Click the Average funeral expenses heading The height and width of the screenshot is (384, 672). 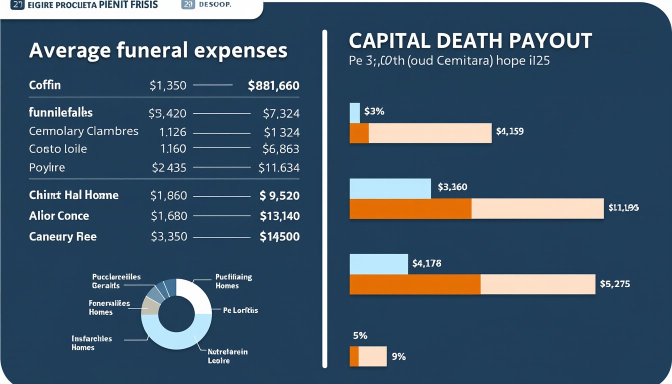click(158, 50)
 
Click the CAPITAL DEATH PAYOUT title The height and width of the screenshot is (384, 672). click(470, 40)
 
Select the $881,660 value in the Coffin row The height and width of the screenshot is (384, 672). click(273, 86)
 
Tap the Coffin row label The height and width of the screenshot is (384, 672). click(45, 85)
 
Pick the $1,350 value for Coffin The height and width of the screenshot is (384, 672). click(168, 86)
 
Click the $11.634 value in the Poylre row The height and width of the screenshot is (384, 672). click(279, 168)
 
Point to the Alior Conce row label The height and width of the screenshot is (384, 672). click(59, 216)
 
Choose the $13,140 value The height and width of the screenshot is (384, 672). click(279, 216)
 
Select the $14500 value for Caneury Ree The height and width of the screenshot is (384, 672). click(279, 236)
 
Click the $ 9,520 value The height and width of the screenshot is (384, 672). click(279, 195)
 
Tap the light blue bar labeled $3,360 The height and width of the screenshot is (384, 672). click(390, 188)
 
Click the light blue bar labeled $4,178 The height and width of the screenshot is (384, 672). click(378, 264)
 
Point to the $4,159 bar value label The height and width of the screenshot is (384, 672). click(510, 132)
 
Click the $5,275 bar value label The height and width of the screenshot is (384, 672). click(615, 284)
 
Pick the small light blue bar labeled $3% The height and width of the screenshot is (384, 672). click(354, 112)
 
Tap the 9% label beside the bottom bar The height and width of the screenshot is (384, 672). click(399, 356)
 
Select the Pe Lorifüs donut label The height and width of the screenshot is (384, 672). click(240, 310)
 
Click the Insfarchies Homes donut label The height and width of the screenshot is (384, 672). click(92, 343)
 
